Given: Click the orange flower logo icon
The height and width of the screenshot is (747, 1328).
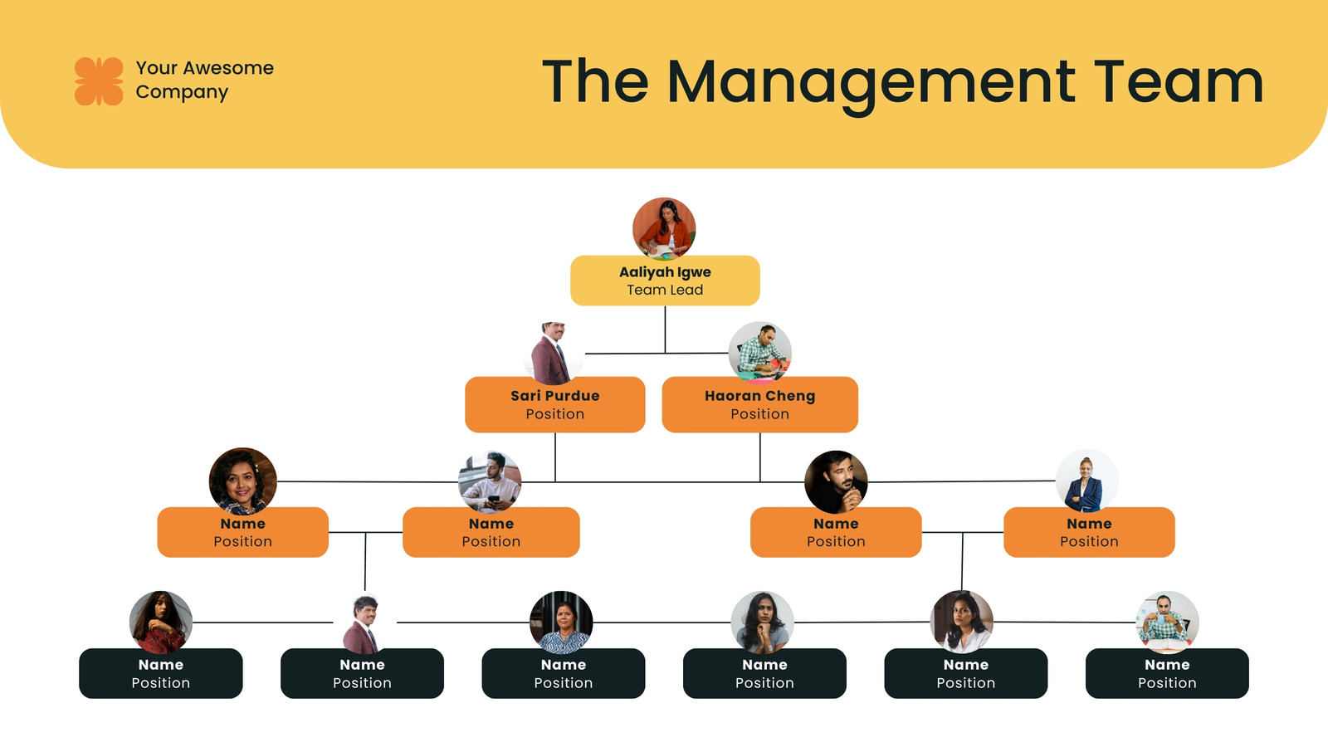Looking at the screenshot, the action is click(99, 81).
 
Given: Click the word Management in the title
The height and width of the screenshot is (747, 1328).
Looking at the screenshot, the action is click(871, 84).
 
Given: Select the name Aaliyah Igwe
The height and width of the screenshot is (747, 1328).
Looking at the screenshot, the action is click(665, 272).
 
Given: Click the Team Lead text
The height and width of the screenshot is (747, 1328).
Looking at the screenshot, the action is click(665, 290).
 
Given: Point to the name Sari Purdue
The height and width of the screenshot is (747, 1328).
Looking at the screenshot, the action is click(555, 395).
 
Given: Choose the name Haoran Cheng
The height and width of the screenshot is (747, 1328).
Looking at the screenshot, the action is click(759, 396).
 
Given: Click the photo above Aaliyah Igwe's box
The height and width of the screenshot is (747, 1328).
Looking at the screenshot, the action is click(664, 229).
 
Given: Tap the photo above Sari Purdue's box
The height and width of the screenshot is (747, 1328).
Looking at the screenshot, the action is click(554, 354).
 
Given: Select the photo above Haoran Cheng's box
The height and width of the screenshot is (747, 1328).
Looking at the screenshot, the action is click(759, 354).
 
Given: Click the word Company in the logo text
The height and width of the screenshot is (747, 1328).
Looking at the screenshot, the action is click(182, 92).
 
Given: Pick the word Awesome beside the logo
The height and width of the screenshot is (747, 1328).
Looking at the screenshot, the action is click(228, 68).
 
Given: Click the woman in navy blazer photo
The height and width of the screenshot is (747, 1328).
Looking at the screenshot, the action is click(1086, 481).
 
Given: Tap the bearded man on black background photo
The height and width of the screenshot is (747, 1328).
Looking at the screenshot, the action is click(836, 481).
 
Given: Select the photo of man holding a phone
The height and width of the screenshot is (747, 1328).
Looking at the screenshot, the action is click(490, 481).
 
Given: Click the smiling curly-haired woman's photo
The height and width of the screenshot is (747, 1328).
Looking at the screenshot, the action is click(243, 481).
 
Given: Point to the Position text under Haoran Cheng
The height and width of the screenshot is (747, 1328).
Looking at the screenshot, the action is click(759, 414).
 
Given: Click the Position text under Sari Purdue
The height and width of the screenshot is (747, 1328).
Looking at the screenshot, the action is click(555, 414).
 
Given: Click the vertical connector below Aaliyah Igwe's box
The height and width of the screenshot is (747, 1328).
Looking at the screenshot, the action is click(665, 330).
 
